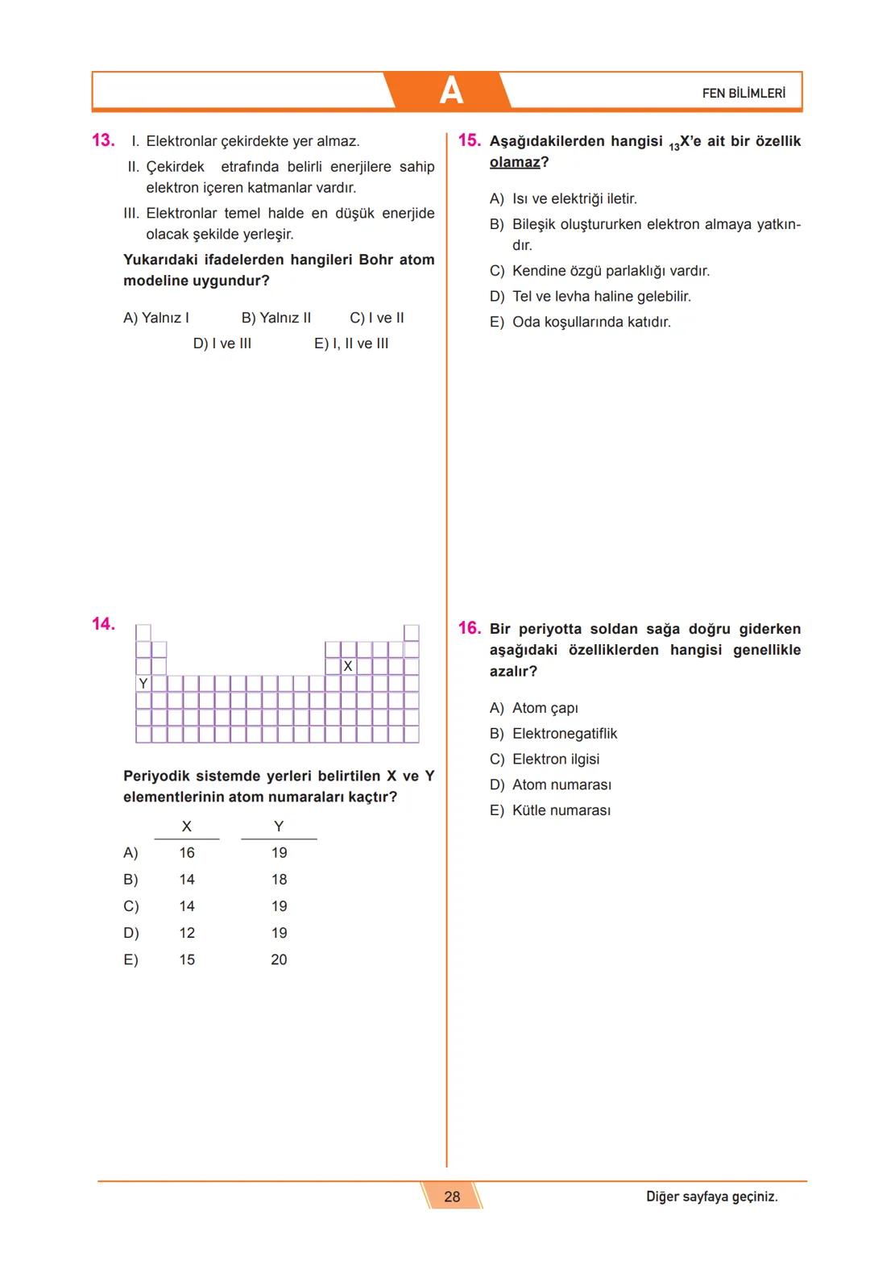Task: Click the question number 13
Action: tap(103, 140)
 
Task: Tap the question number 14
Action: tap(103, 623)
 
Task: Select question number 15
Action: tap(469, 140)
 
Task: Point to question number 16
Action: tap(469, 628)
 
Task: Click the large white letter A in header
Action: tap(451, 91)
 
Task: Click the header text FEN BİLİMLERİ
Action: tap(743, 94)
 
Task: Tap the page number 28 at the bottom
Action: tap(452, 1197)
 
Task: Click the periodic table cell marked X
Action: tap(348, 667)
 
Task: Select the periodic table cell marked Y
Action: tap(143, 684)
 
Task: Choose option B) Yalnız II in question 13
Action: tap(276, 318)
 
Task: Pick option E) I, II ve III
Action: tap(351, 343)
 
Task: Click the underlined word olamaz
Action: tap(515, 162)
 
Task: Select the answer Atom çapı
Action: tap(545, 708)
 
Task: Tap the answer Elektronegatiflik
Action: tap(564, 734)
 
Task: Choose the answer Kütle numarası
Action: tap(561, 810)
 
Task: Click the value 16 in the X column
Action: tap(187, 853)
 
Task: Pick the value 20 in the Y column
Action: tap(279, 959)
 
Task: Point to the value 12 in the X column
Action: tap(187, 933)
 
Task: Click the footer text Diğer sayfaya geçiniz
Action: tap(711, 1197)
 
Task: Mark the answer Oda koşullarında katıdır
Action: tap(590, 322)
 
